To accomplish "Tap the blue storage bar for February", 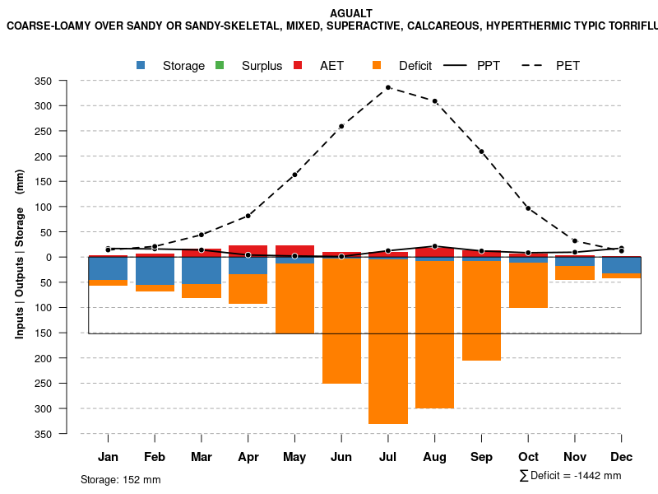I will click(x=155, y=271).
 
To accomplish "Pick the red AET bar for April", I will click(x=248, y=250).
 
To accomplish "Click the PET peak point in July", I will click(x=388, y=87).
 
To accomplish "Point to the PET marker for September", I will click(x=481, y=151).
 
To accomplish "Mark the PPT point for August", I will click(x=435, y=246).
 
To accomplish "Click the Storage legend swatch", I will click(x=141, y=65).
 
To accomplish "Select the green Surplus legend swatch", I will click(x=220, y=65).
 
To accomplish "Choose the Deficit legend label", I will click(x=415, y=66).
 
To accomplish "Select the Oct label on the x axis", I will click(x=528, y=457).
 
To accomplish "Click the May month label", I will click(x=294, y=457).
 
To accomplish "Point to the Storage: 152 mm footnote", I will click(x=120, y=479).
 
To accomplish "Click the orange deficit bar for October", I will click(x=528, y=285).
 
